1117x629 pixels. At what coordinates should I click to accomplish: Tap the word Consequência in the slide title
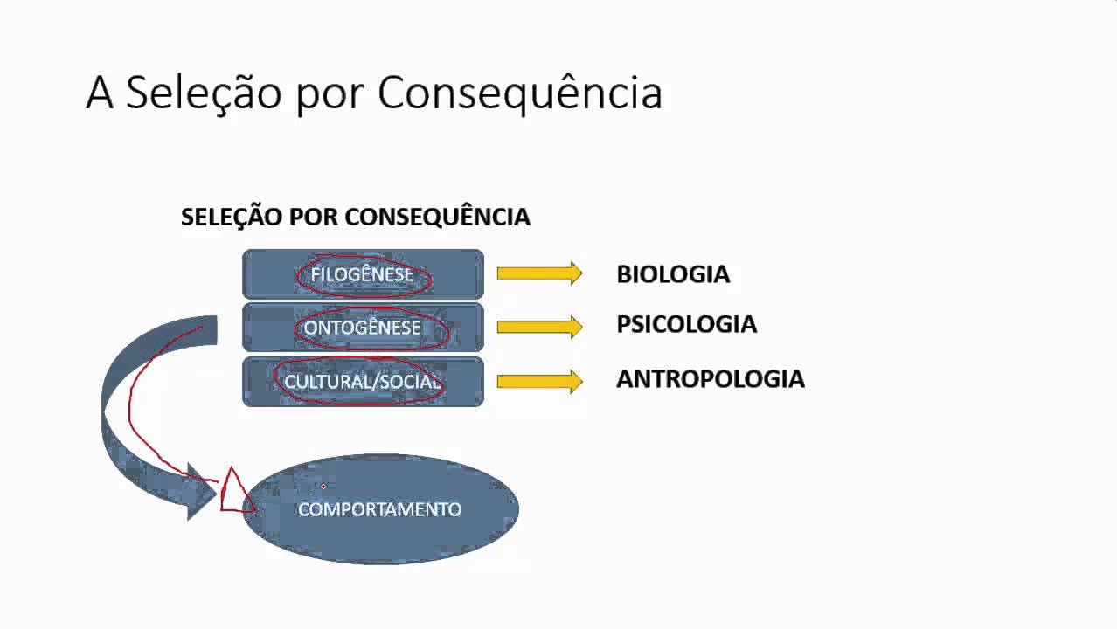[x=520, y=93]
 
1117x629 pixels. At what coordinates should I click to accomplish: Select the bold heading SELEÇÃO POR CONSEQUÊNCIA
[x=355, y=217]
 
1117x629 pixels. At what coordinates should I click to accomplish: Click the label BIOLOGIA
[x=672, y=274]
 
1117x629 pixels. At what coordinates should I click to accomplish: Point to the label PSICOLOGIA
[x=686, y=325]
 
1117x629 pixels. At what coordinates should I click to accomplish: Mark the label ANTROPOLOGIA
[x=710, y=379]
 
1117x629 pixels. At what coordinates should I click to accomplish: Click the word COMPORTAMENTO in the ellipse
[x=379, y=509]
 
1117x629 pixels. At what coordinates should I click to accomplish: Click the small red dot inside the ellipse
[x=323, y=486]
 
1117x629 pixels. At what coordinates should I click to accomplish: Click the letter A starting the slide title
[x=100, y=93]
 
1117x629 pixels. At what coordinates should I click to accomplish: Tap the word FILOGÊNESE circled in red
[x=362, y=275]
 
